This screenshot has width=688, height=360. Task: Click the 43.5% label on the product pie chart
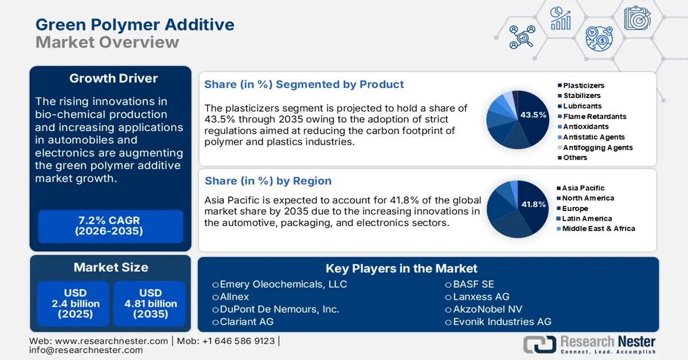[x=533, y=115]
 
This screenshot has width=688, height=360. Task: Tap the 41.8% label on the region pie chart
[x=533, y=205]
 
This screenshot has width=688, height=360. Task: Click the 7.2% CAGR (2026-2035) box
[x=110, y=226]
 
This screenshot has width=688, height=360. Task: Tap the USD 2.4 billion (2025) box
[x=73, y=303]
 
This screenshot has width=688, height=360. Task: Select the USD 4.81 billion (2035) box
[x=150, y=303]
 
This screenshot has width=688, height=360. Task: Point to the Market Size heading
[x=111, y=267]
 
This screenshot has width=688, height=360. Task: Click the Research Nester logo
[x=590, y=344]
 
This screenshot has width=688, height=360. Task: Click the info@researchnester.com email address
[x=86, y=350]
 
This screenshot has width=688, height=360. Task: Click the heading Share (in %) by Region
[x=268, y=181]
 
